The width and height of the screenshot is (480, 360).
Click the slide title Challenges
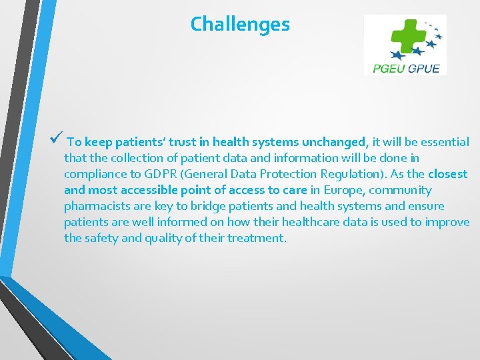tap(240, 25)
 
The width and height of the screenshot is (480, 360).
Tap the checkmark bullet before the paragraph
tap(56, 141)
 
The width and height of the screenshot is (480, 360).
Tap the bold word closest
tap(448, 174)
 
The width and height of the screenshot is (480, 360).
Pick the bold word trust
tap(185, 142)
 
